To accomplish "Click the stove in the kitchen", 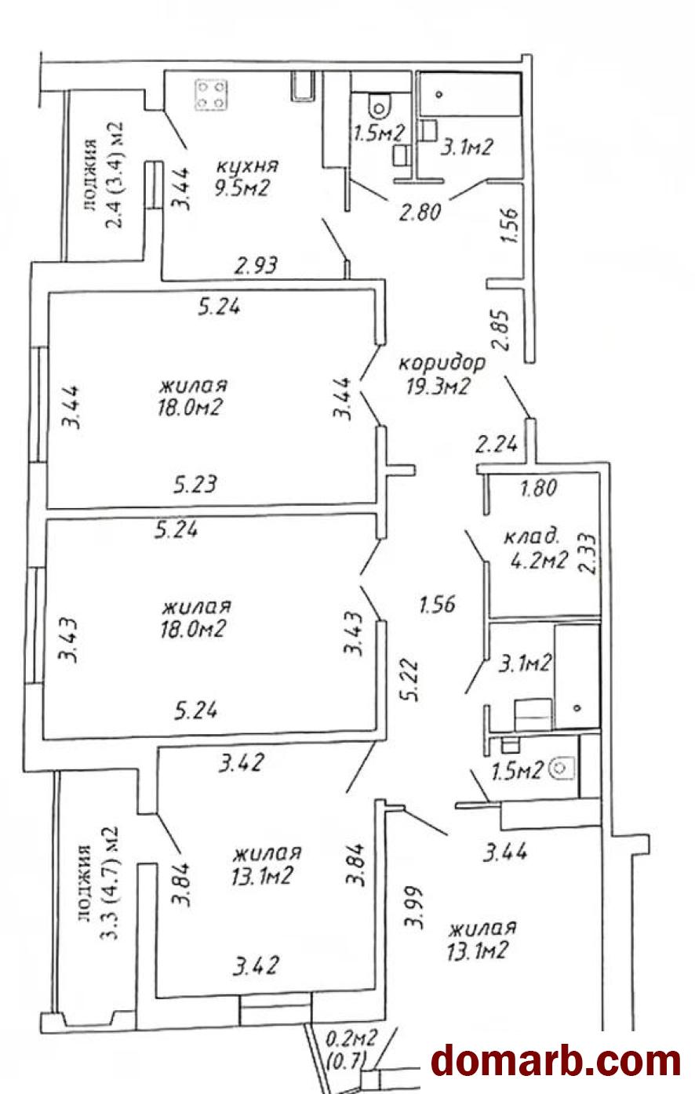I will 213,95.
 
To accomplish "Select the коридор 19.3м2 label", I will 442,374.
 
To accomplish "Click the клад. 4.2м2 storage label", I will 535,550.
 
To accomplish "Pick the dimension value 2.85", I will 502,330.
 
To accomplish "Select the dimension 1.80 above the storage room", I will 538,488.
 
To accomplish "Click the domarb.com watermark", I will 556,1062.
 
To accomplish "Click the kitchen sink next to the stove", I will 303,85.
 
